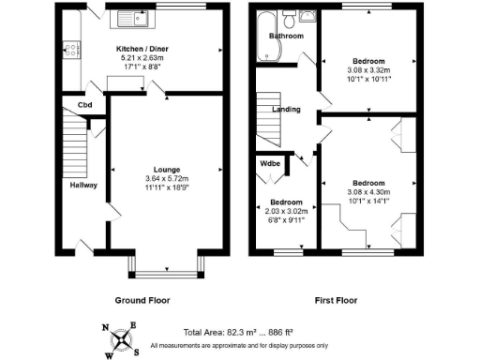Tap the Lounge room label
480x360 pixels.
[x=167, y=170]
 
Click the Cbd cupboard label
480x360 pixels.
[x=84, y=104]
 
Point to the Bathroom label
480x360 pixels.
[x=287, y=37]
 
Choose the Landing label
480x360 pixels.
[x=286, y=110]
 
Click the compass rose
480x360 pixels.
[x=122, y=337]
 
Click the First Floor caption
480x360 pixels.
[x=337, y=300]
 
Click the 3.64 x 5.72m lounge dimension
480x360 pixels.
[x=167, y=179]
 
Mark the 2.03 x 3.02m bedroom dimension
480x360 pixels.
[x=286, y=211]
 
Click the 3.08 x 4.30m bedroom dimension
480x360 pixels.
[x=368, y=191]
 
